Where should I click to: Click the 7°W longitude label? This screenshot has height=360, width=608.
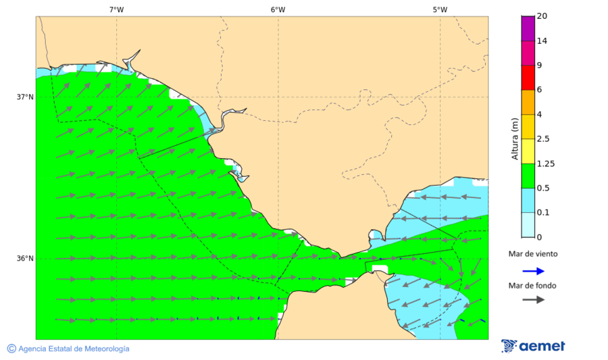pos(116,9)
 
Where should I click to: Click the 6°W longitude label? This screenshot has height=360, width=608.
pos(278,9)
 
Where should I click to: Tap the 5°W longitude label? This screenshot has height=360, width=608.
pos(440,9)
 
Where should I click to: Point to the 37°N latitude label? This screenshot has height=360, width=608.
pos(25,97)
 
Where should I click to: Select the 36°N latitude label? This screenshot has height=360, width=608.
pos(25,259)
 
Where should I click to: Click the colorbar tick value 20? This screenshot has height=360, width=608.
pos(542,16)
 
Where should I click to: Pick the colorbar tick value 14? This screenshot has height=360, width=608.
pos(542,41)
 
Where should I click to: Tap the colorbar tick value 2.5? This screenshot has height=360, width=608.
pos(542,139)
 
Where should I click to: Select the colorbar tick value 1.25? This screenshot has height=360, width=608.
pos(544,163)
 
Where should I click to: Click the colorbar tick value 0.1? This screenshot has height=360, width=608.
pos(542,213)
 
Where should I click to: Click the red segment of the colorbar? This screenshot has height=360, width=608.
pos(527,77)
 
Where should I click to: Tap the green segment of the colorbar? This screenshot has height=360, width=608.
pos(527,176)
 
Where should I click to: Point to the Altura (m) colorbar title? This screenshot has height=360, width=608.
pos(515,139)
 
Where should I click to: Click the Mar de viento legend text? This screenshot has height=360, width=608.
pos(533,254)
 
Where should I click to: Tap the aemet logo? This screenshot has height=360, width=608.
pos(533,346)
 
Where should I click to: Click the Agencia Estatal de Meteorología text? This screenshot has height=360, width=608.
pos(74,349)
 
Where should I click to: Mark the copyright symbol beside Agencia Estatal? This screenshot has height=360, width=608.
pos(11,349)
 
